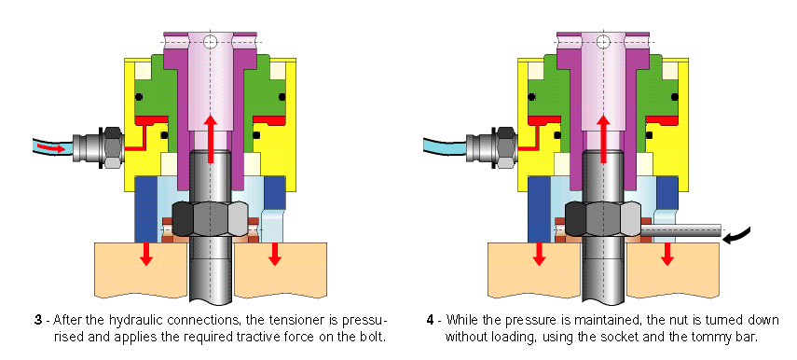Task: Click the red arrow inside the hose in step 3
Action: click(x=52, y=147)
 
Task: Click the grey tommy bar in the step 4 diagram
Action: click(x=680, y=229)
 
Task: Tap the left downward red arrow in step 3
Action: click(x=146, y=254)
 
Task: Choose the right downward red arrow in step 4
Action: click(x=667, y=254)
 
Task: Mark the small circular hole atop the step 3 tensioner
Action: click(x=211, y=41)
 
